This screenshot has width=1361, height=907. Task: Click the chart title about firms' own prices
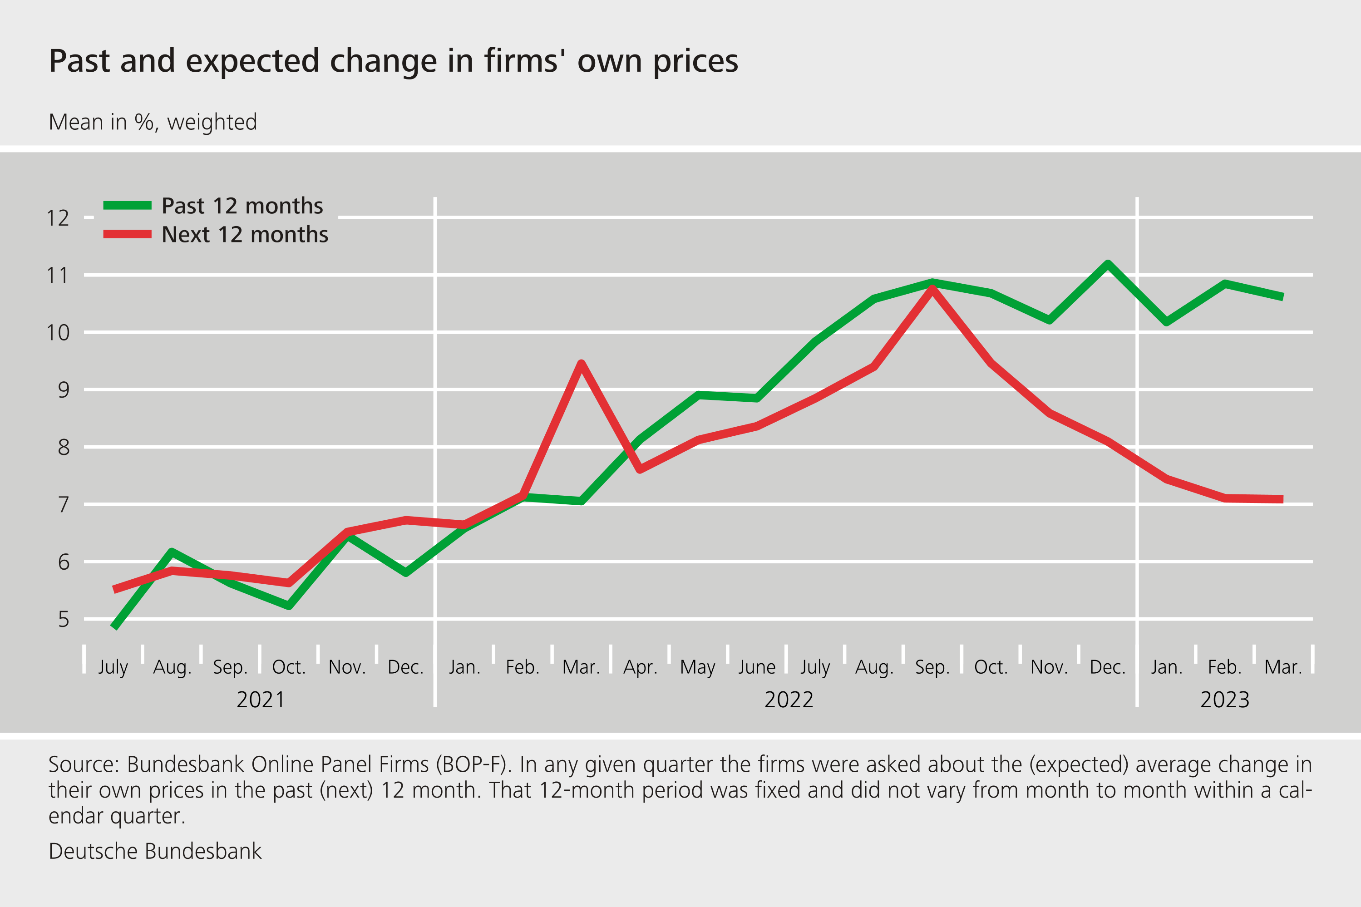pyautogui.click(x=393, y=61)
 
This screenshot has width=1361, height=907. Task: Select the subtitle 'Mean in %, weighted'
pyautogui.click(x=153, y=123)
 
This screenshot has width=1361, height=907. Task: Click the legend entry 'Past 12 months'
pyautogui.click(x=242, y=206)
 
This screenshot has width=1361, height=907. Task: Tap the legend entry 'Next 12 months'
pyautogui.click(x=244, y=235)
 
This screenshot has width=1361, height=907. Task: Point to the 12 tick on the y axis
pyautogui.click(x=58, y=218)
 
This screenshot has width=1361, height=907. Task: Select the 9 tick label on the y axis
pyautogui.click(x=63, y=390)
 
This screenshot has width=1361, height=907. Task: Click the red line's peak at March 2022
pyautogui.click(x=581, y=363)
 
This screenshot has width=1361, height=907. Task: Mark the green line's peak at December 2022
pyautogui.click(x=1108, y=264)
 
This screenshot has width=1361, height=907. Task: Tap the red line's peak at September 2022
pyautogui.click(x=932, y=288)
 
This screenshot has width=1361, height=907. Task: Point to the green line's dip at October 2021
pyautogui.click(x=289, y=606)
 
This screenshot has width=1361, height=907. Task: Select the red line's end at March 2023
pyautogui.click(x=1283, y=499)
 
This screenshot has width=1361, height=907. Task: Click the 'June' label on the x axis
pyautogui.click(x=757, y=667)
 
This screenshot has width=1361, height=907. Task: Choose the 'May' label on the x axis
pyautogui.click(x=698, y=667)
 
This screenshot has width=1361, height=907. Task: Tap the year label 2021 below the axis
pyautogui.click(x=261, y=700)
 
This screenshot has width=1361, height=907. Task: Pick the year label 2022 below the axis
pyautogui.click(x=789, y=700)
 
